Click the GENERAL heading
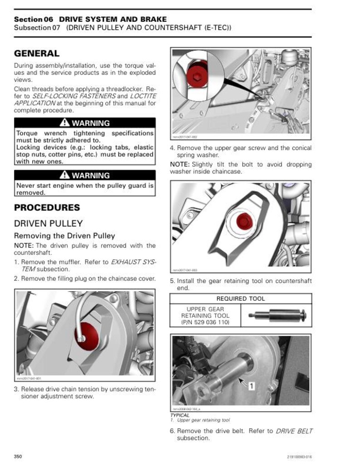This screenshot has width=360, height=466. click(x=37, y=53)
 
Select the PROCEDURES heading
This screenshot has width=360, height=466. click(x=47, y=208)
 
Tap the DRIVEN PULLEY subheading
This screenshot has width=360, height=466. click(x=49, y=223)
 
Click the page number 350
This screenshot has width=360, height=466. click(x=19, y=456)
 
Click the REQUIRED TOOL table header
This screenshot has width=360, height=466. click(x=241, y=299)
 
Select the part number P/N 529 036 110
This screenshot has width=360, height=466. click(x=205, y=322)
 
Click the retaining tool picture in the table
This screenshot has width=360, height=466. click(x=276, y=316)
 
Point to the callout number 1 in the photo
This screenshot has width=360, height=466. click(x=252, y=385)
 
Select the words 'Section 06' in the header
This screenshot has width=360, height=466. click(x=34, y=19)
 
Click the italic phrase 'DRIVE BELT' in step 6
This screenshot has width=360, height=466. click(x=294, y=431)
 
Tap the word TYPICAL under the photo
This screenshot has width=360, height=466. click(x=180, y=415)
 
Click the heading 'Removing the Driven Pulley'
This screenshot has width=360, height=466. click(x=64, y=236)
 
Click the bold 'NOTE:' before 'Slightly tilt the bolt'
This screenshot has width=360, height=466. click(x=180, y=164)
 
